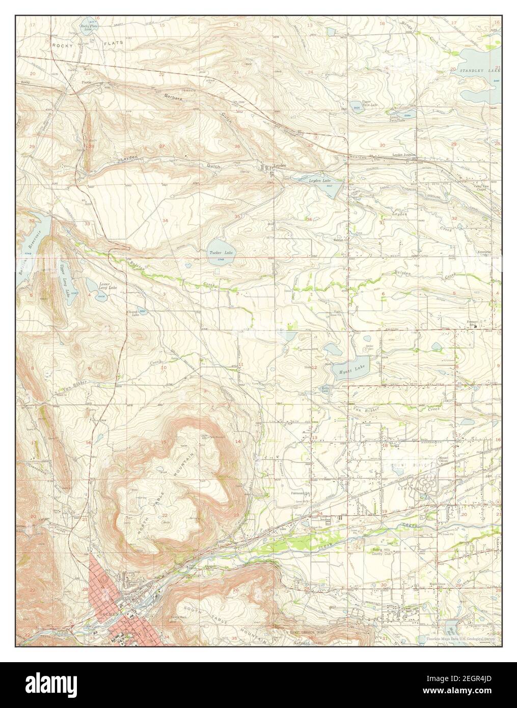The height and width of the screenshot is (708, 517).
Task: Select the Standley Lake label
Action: point(477,69)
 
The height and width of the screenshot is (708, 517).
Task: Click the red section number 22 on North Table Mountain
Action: point(165,515)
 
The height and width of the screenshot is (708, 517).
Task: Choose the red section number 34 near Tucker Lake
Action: point(165,220)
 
